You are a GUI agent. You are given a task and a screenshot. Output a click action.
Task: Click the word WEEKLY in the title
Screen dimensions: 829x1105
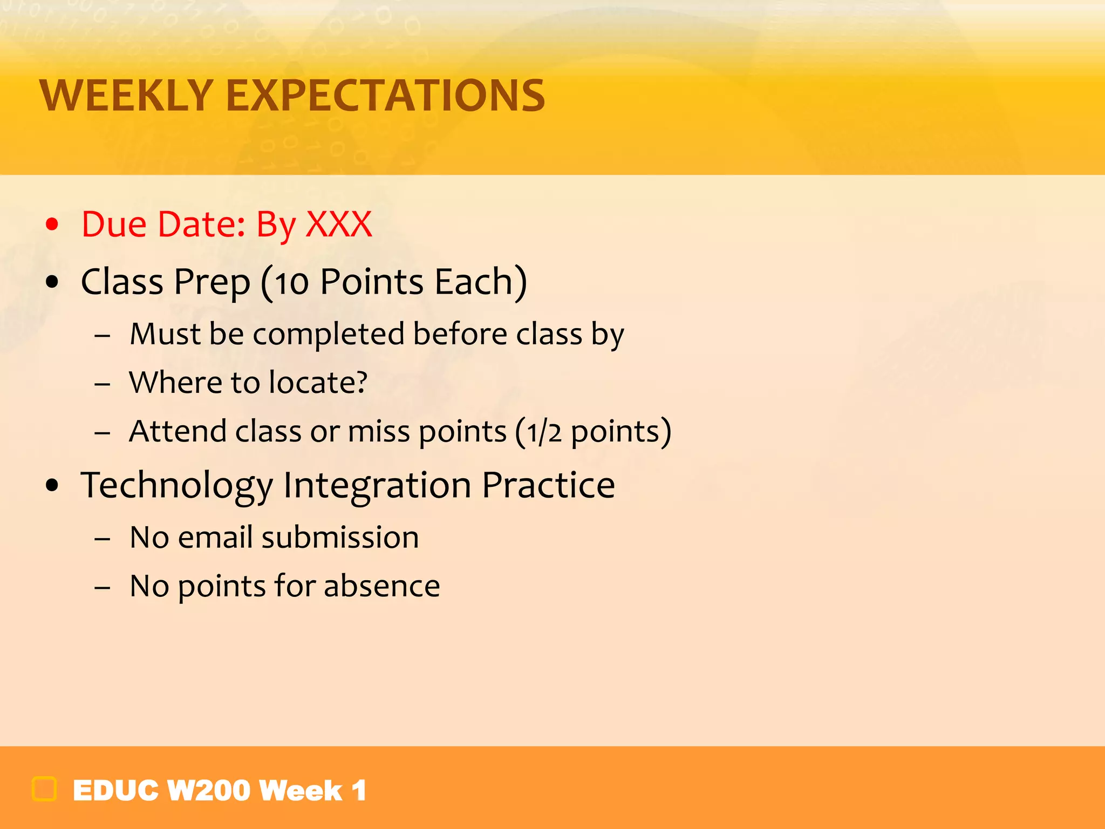point(127,96)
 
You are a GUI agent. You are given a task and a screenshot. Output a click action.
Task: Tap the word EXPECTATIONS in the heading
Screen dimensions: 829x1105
point(385,96)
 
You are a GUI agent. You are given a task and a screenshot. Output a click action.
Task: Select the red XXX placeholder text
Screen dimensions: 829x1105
point(339,224)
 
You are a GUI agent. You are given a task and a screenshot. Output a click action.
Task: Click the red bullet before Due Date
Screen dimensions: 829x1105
point(52,224)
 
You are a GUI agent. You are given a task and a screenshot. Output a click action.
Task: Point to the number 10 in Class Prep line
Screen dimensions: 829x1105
point(292,283)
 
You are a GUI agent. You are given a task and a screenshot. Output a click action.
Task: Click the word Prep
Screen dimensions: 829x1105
point(212,283)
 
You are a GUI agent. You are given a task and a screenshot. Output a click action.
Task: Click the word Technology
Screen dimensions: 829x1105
point(176,486)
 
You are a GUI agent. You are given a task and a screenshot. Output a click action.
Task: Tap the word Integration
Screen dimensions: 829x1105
point(377,486)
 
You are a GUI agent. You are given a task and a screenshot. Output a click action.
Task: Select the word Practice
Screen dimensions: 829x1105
point(548,485)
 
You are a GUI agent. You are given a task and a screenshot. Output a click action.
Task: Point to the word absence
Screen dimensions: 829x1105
point(381,586)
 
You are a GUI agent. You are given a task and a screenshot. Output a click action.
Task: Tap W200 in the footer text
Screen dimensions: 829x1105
point(209,791)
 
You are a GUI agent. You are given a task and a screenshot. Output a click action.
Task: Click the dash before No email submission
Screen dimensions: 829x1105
point(103,539)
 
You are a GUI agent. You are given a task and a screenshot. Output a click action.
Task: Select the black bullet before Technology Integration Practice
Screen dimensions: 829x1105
point(52,485)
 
